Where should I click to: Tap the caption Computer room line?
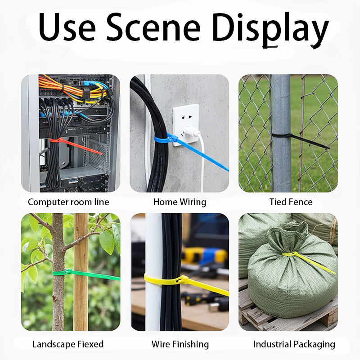click(68, 202)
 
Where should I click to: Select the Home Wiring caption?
click(180, 202)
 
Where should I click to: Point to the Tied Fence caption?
click(291, 202)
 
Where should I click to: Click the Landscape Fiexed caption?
click(68, 344)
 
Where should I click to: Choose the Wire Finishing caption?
click(180, 344)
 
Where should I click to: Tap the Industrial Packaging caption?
click(294, 344)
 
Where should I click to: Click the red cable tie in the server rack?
click(76, 144)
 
